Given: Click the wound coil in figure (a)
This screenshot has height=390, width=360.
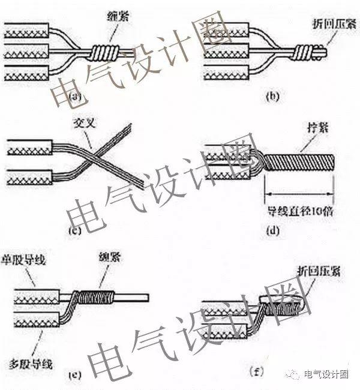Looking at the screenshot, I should point(106,51).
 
